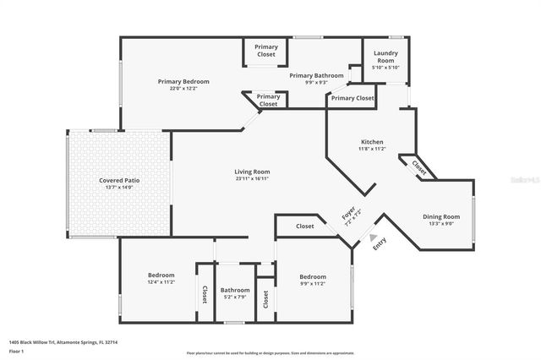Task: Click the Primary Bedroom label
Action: coord(183,81)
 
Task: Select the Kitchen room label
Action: coord(372,141)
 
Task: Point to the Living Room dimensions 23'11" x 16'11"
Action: coord(252,179)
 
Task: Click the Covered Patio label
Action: coord(119,180)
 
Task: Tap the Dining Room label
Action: coord(441,216)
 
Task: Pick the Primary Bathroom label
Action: coord(317,75)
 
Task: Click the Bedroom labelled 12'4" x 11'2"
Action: coord(161,275)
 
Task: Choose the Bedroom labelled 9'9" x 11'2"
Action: coord(312,277)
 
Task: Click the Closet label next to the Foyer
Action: coord(305,226)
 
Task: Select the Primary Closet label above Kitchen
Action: coord(352,98)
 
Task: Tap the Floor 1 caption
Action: coord(17,350)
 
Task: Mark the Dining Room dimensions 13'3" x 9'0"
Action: coord(441,224)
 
